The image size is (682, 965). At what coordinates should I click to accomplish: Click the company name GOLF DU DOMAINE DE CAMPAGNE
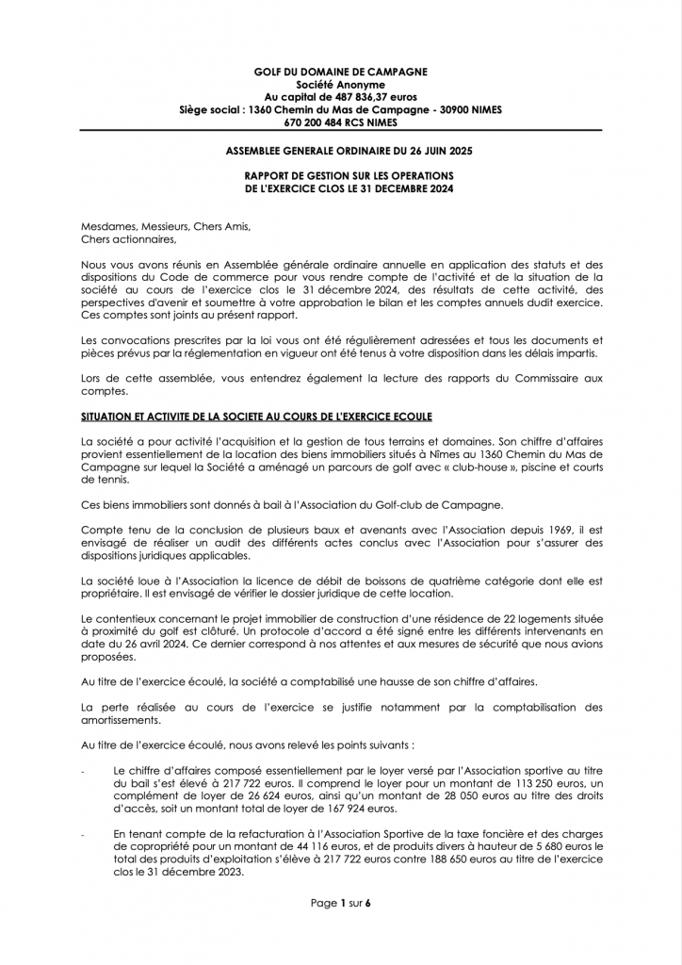[x=340, y=71]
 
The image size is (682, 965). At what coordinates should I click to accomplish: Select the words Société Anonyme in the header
[x=340, y=84]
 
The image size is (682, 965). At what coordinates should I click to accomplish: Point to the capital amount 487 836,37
[x=355, y=96]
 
